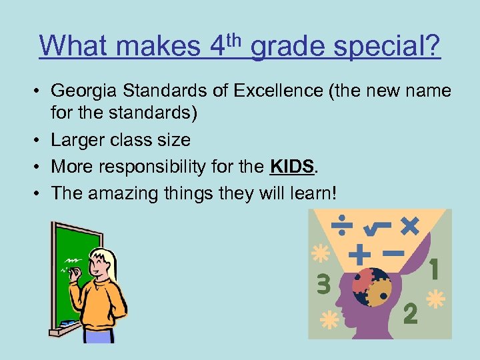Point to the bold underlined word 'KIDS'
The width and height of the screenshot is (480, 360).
click(x=292, y=166)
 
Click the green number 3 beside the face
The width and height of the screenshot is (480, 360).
click(x=323, y=285)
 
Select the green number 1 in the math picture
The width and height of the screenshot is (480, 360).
click(x=433, y=270)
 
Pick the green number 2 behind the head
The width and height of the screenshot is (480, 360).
click(x=410, y=313)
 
